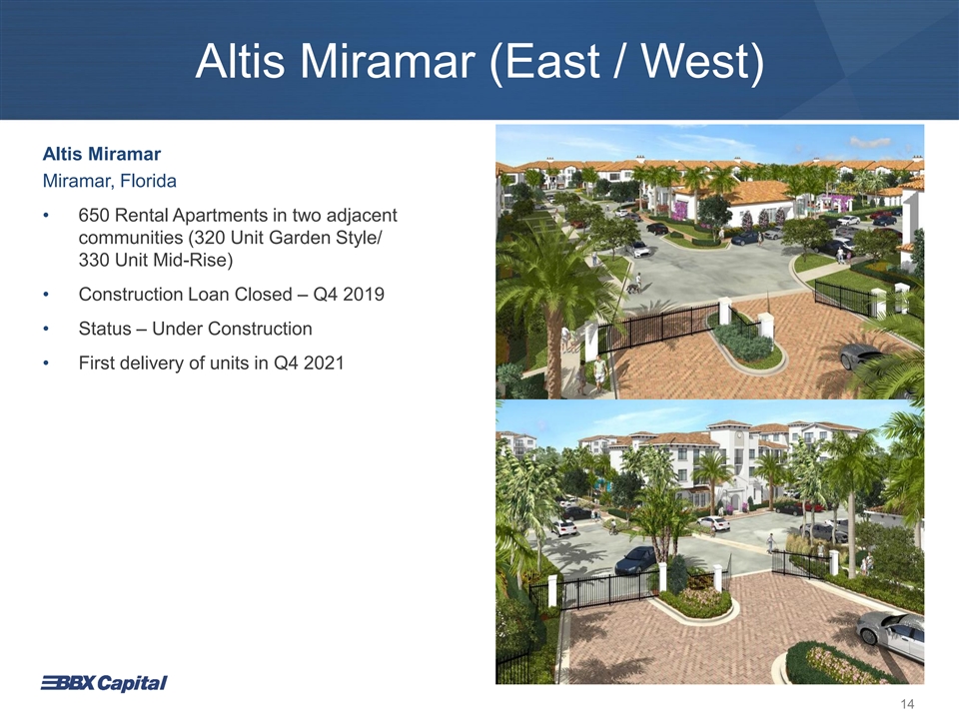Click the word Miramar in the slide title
coord(388,61)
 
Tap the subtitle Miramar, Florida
coord(110,181)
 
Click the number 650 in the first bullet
coord(94,216)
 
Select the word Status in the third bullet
coord(105,329)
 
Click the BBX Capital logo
coord(104,683)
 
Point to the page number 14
coord(908,704)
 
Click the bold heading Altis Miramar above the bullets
coord(102,154)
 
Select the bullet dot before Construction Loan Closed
coord(45,295)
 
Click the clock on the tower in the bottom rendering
coord(740,437)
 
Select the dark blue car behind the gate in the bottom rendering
coord(635,559)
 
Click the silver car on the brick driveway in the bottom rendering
coord(890,633)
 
